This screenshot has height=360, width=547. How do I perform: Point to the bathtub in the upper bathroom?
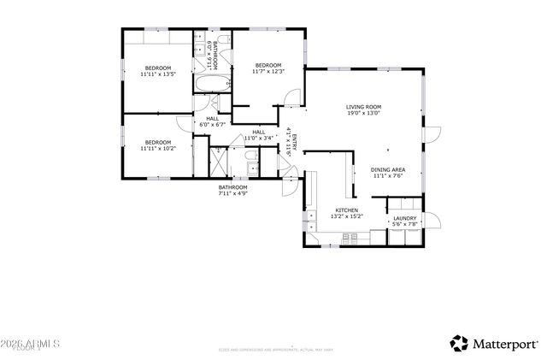212,86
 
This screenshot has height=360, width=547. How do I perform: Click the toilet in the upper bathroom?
226,83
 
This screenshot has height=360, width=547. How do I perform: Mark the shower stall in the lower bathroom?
218,161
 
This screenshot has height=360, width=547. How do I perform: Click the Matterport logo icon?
460,343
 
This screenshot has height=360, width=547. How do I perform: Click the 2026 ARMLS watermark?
31,343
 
